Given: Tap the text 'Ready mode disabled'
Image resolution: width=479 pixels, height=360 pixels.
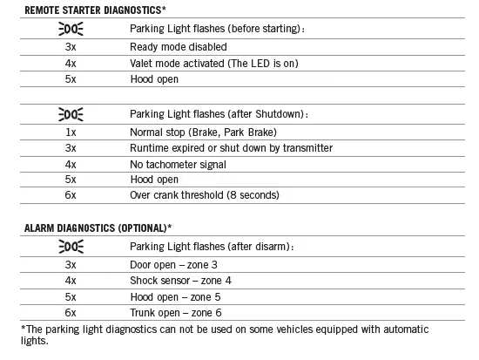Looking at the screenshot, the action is click(x=178, y=46).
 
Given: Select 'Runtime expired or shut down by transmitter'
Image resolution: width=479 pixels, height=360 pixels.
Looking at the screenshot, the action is click(x=231, y=147).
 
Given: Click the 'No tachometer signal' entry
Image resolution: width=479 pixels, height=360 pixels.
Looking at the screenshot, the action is click(x=178, y=164).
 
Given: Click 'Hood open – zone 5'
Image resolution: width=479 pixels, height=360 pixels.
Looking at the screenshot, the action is click(x=175, y=295).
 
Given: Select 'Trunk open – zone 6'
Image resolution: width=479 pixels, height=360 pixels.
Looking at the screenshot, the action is click(x=177, y=311).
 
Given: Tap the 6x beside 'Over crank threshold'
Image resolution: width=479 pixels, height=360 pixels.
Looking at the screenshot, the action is click(x=71, y=195).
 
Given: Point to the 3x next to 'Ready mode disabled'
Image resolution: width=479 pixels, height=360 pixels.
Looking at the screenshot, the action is click(x=71, y=46).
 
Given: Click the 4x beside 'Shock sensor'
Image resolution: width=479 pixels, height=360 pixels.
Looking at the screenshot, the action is click(x=71, y=279).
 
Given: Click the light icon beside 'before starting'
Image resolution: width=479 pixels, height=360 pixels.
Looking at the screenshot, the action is click(x=71, y=29).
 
